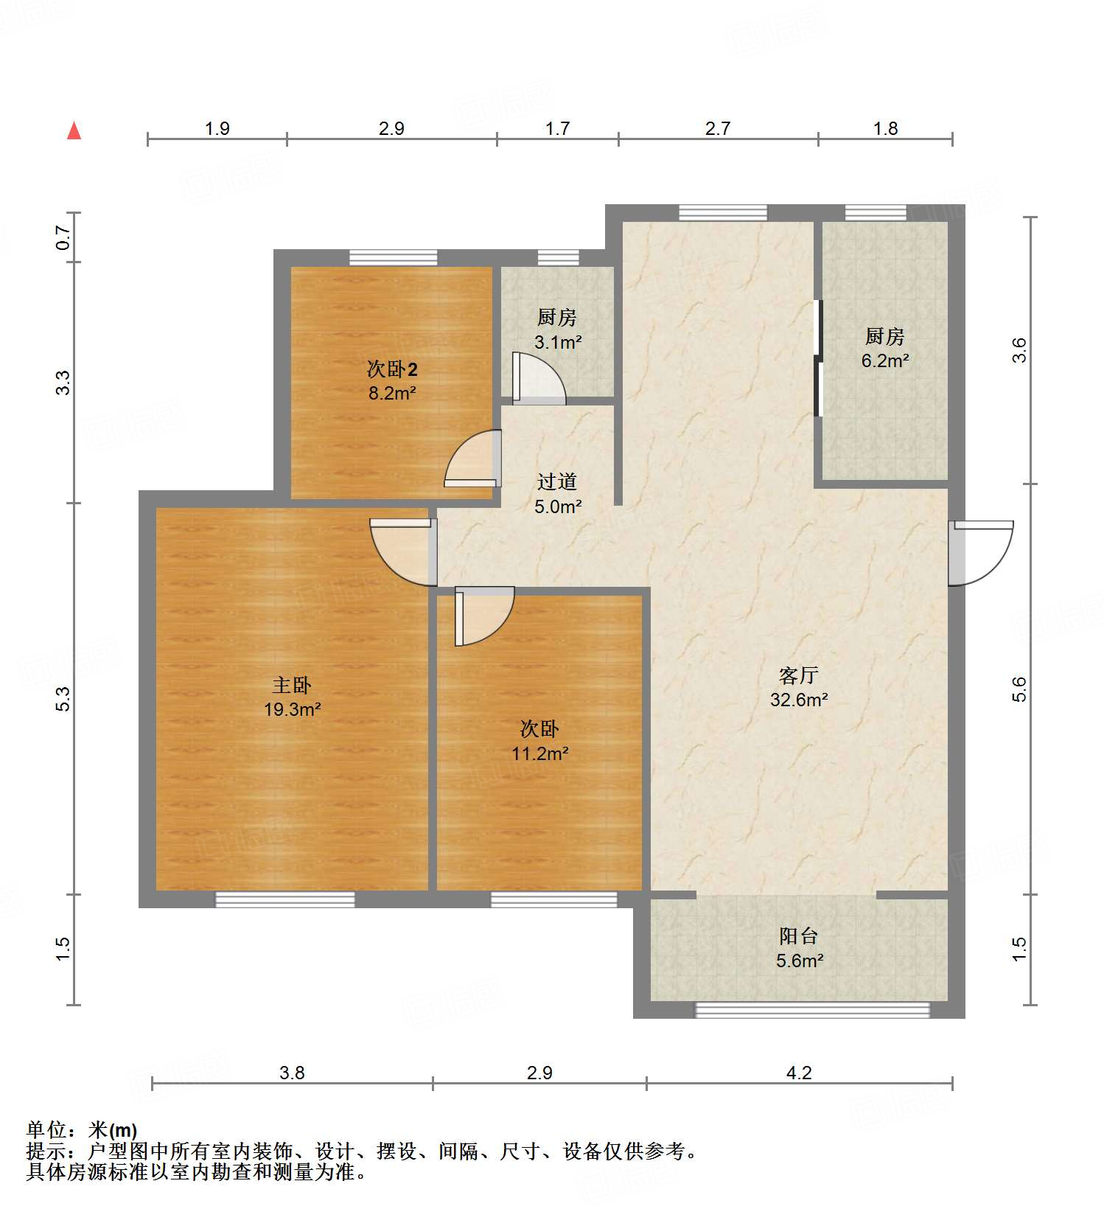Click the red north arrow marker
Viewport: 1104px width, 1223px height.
click(74, 130)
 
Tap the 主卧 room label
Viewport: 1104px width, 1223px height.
click(292, 686)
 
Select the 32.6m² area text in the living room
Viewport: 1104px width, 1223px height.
click(799, 700)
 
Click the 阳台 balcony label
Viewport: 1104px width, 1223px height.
click(799, 936)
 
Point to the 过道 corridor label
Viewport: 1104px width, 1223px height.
click(556, 482)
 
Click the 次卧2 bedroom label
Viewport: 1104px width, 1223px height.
click(392, 369)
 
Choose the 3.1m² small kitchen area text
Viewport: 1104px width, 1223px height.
click(558, 342)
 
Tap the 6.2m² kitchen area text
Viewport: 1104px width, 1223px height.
click(884, 360)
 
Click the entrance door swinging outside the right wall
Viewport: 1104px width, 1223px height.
click(980, 553)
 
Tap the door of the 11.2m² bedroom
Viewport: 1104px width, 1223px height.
click(483, 616)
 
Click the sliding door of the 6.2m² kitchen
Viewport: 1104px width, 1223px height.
click(817, 358)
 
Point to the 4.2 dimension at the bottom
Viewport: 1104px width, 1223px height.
click(799, 1073)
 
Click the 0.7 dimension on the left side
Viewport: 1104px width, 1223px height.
click(63, 237)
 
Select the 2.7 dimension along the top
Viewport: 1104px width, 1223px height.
click(717, 129)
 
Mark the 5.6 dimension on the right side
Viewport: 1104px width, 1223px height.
click(1019, 689)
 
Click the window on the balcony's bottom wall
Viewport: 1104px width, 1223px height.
click(812, 1010)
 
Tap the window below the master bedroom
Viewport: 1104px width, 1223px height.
click(284, 899)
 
